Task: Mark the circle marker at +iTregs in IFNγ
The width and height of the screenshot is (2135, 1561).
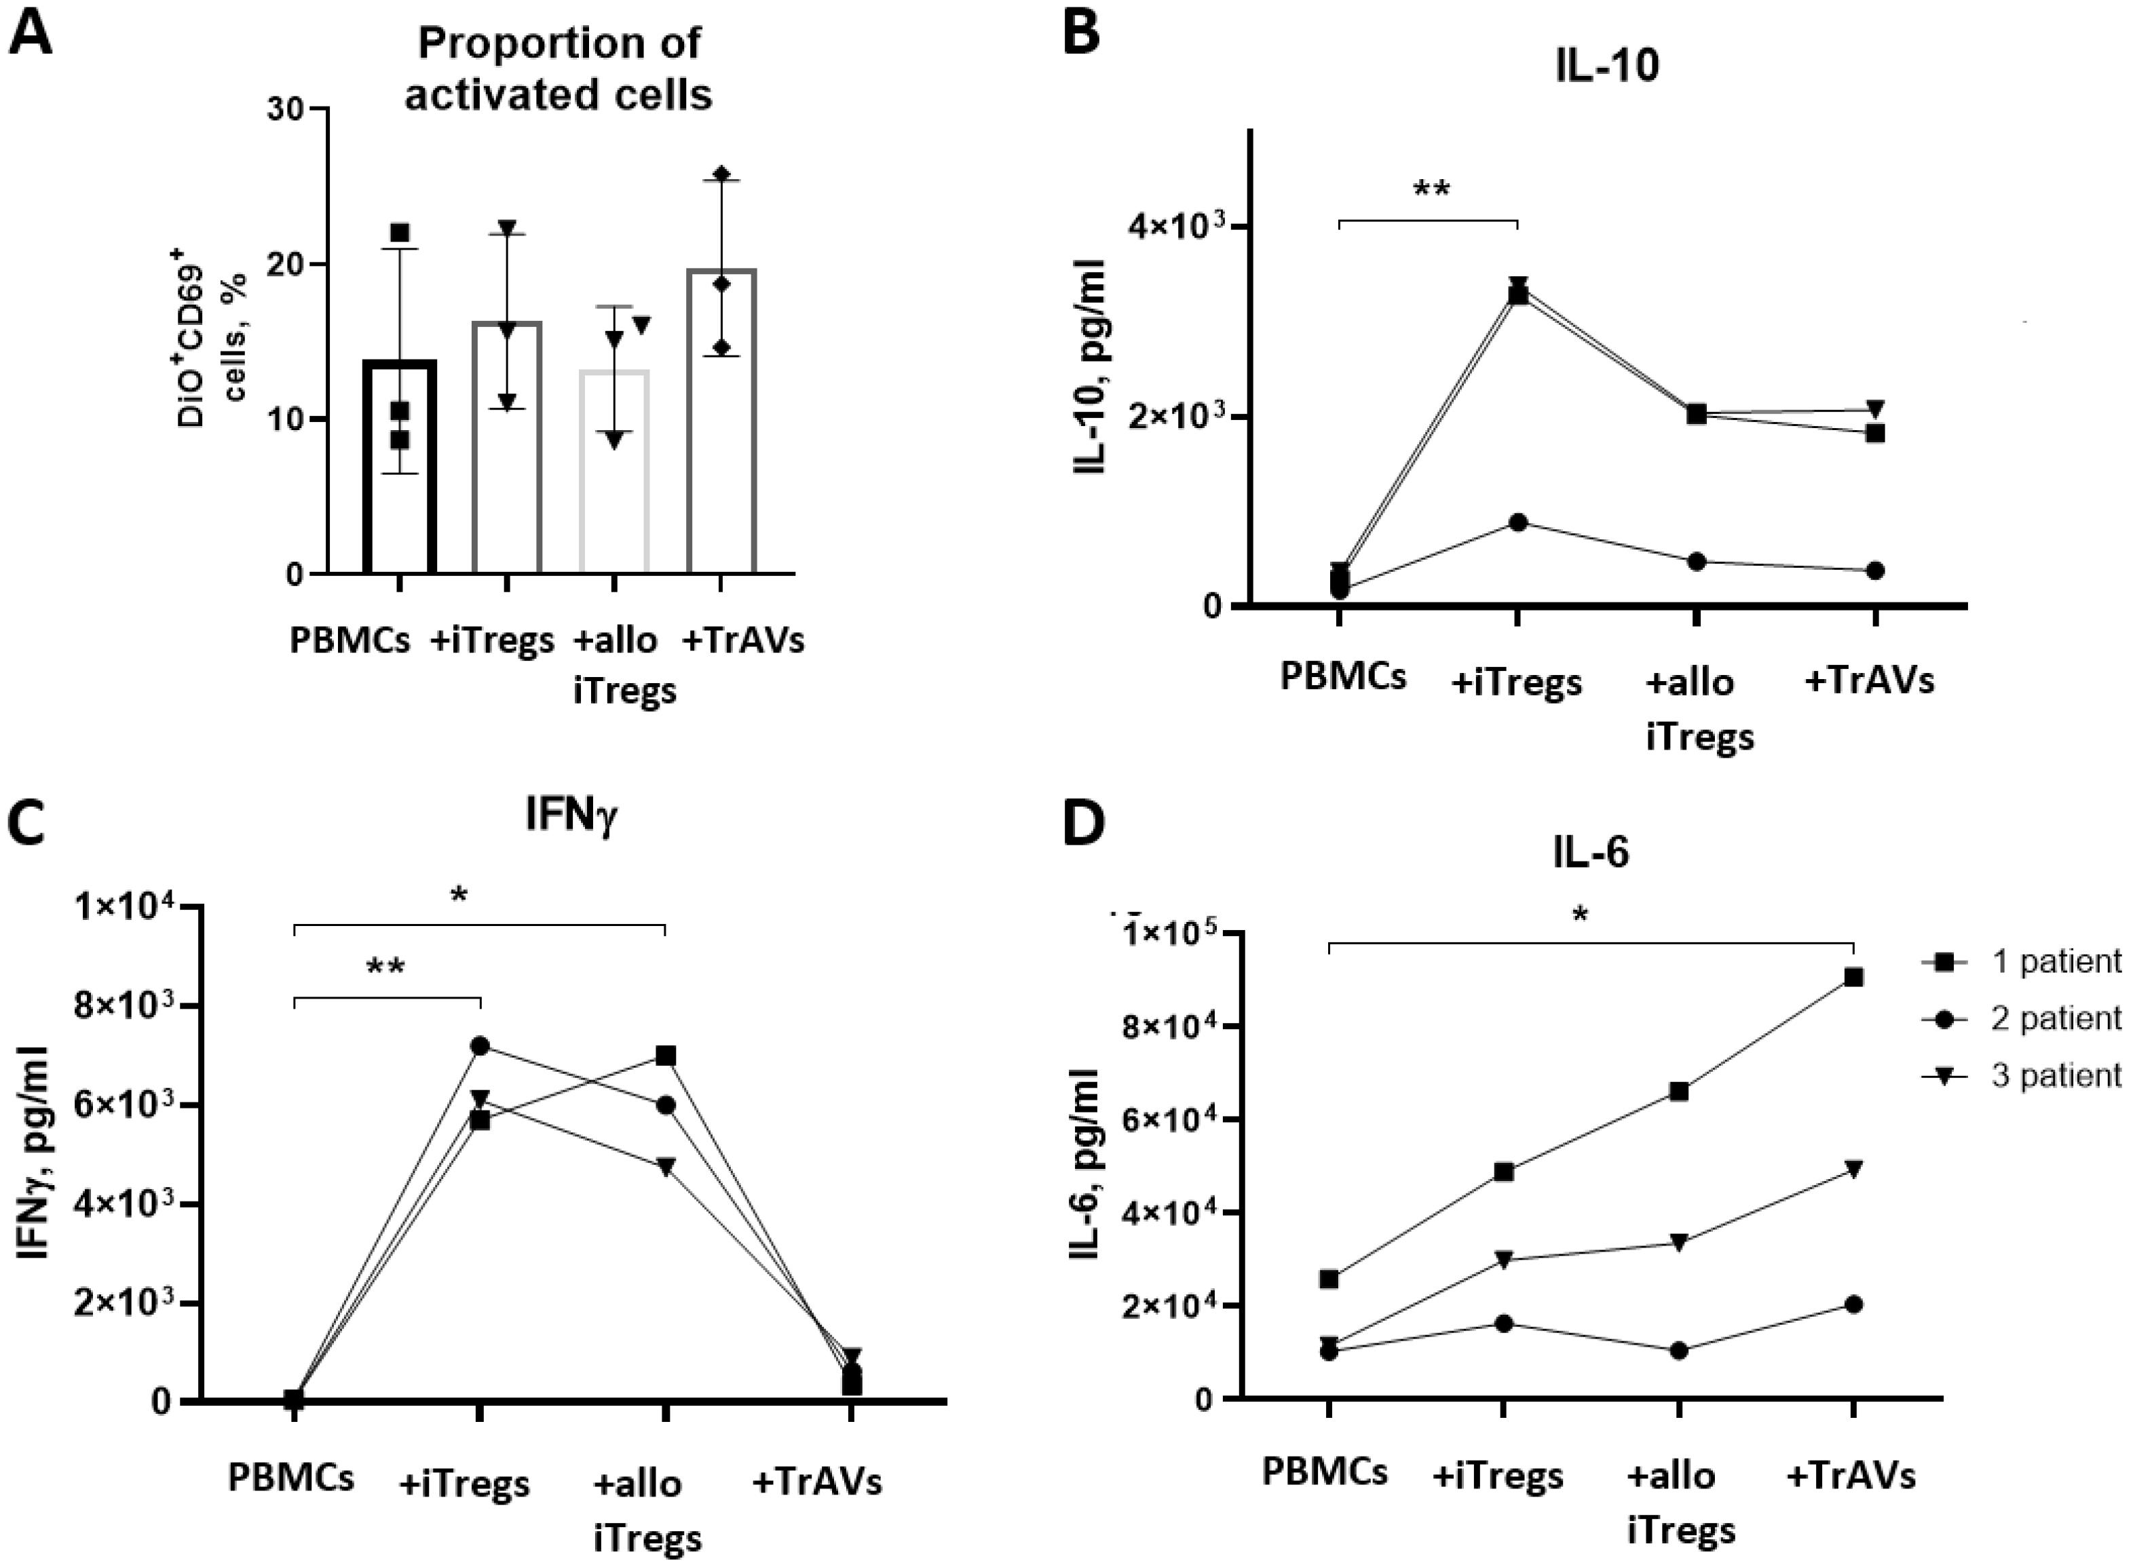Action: [480, 1045]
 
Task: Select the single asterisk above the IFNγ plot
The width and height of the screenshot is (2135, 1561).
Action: [459, 894]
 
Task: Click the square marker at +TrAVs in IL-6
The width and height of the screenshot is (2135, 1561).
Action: [1853, 977]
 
